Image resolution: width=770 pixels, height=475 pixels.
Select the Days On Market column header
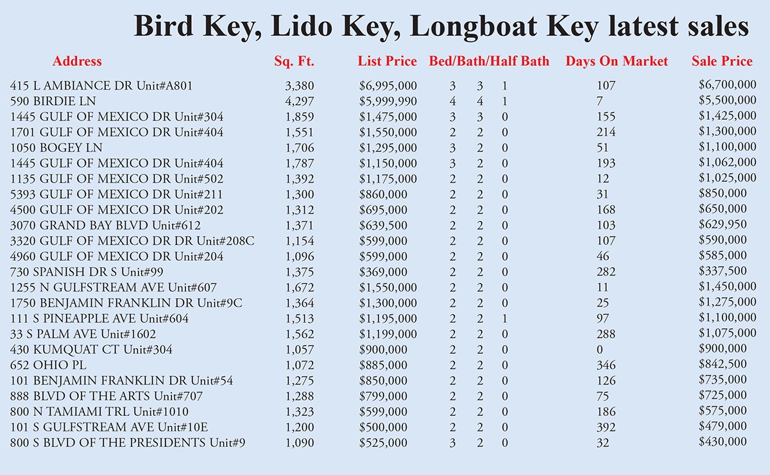(x=617, y=62)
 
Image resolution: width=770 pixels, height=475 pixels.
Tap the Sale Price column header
(x=722, y=62)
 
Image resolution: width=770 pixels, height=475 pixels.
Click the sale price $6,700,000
(x=727, y=85)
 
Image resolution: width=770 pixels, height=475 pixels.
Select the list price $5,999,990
(x=388, y=101)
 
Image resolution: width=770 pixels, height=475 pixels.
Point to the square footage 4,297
(x=300, y=101)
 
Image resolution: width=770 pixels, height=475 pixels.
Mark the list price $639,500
(x=383, y=225)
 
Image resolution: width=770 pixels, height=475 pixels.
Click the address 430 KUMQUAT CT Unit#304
(x=91, y=350)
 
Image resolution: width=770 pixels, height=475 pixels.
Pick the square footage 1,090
(x=300, y=442)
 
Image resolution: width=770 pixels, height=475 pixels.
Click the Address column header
(x=77, y=62)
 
